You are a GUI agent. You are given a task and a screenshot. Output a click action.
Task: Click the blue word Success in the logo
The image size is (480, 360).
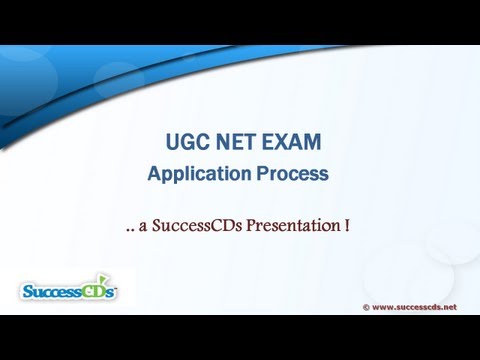tap(53, 291)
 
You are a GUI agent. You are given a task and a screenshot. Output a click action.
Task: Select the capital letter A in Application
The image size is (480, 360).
tap(154, 174)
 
